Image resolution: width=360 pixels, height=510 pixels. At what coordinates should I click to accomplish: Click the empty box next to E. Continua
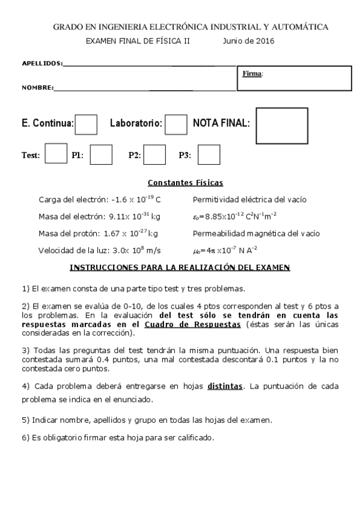click(86, 124)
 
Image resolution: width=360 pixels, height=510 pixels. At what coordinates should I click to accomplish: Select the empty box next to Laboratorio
click(175, 124)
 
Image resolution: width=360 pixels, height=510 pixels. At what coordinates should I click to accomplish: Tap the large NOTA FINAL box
click(282, 126)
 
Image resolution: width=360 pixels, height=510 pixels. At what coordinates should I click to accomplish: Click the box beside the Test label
click(56, 153)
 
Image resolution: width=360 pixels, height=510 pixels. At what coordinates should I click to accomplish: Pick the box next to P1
click(101, 155)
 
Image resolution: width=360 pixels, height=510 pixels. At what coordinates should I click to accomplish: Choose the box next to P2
click(154, 155)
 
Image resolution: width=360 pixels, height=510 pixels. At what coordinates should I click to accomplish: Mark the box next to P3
click(209, 155)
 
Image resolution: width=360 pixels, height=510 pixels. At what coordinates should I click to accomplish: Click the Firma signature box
click(294, 78)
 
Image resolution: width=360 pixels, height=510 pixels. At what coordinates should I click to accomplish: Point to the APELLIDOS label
click(41, 63)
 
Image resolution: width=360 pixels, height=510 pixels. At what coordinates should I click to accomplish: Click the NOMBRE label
click(37, 88)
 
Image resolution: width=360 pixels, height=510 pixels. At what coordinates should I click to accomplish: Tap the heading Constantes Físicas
click(185, 183)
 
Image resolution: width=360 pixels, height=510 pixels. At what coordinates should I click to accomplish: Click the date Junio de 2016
click(248, 41)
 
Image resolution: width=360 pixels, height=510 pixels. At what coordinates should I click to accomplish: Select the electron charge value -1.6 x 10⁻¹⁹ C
click(136, 199)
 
